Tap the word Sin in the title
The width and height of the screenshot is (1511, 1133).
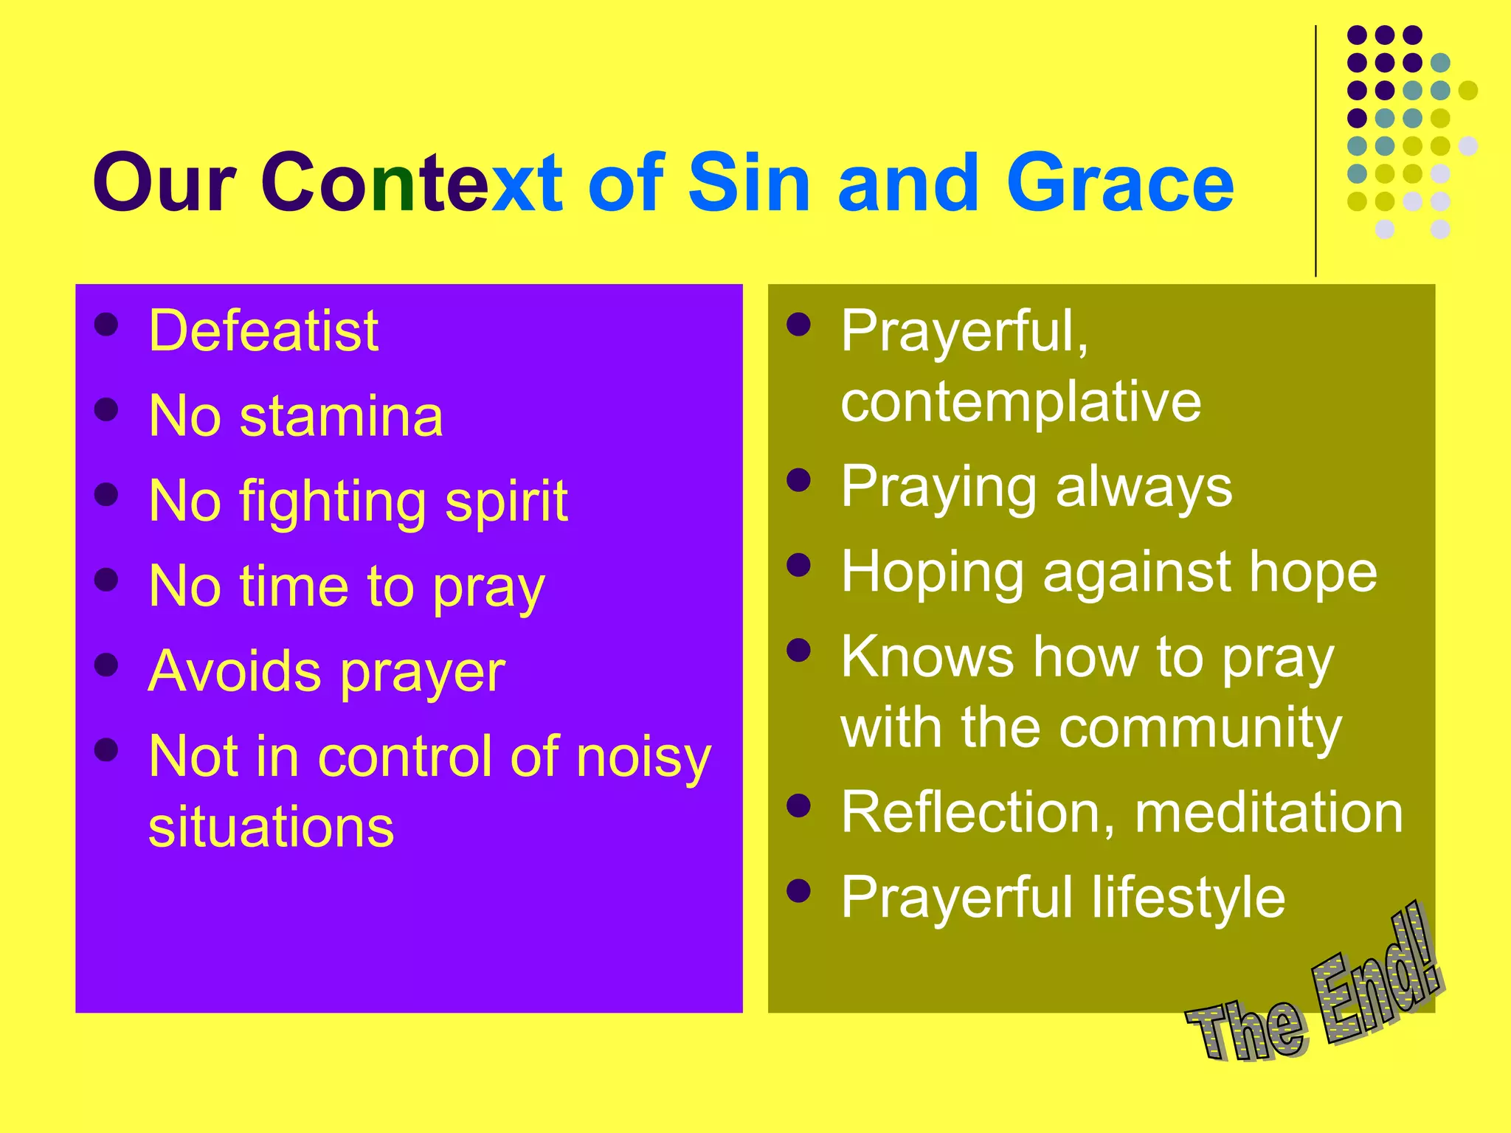[748, 183]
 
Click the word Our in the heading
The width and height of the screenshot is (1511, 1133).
[164, 183]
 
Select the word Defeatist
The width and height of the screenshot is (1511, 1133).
[263, 330]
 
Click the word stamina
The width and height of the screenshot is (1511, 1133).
[341, 416]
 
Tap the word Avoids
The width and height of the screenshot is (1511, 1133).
[234, 671]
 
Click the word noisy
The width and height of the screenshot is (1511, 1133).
[643, 757]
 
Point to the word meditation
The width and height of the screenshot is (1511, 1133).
[1268, 813]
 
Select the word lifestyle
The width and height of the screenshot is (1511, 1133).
[1188, 898]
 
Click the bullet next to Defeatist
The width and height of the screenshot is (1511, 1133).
[107, 325]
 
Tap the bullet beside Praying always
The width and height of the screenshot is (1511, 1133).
[799, 481]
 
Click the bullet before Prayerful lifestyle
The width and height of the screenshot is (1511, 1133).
[799, 891]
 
